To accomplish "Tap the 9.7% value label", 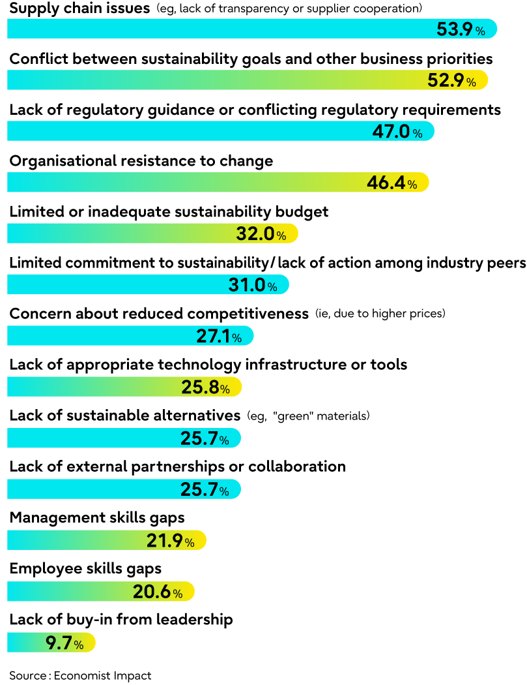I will click(x=64, y=644).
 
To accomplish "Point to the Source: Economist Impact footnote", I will click(x=80, y=675).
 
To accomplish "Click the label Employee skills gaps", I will click(x=85, y=569).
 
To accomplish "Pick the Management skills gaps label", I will click(x=97, y=518).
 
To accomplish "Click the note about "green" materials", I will click(x=308, y=416).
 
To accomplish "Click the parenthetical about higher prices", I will click(x=380, y=314).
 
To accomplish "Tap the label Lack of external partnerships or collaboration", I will click(x=177, y=467).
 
